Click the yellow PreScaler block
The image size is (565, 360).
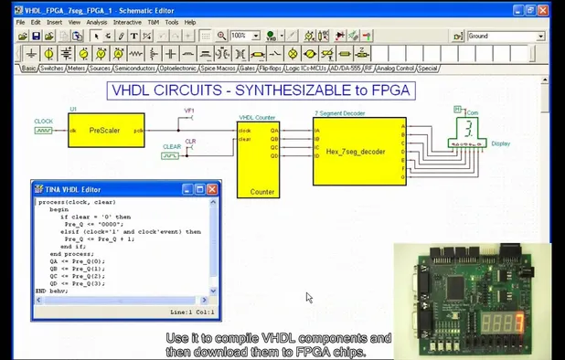point(105,131)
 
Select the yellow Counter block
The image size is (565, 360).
point(258,159)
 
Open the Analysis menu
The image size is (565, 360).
point(96,22)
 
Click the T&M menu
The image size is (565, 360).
point(153,22)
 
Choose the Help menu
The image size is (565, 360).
point(190,22)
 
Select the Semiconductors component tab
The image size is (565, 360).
point(134,69)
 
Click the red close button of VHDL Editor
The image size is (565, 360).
point(212,189)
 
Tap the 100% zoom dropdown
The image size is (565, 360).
point(242,36)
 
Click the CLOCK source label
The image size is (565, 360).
point(44,122)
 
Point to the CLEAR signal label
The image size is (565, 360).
point(171,146)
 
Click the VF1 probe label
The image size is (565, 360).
point(190,111)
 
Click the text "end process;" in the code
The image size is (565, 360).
point(69,253)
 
